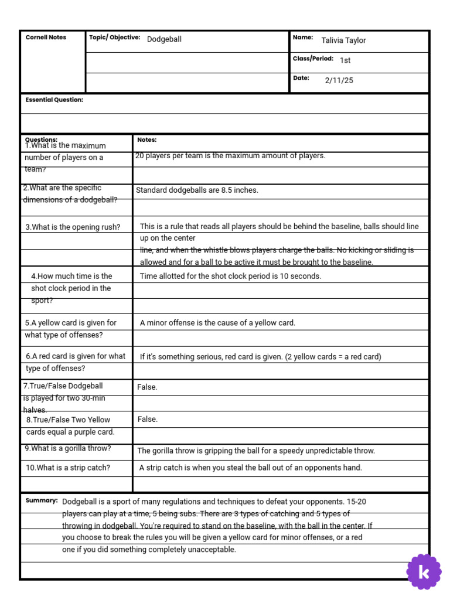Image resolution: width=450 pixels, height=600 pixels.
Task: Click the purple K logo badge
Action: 424,571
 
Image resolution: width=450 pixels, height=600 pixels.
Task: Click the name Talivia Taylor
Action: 343,40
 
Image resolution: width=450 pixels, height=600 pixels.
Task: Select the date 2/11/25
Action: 339,81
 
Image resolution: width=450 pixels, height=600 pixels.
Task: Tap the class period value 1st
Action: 345,60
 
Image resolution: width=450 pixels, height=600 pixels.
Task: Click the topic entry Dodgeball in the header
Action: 164,39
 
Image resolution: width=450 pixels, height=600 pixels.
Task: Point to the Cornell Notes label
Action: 46,37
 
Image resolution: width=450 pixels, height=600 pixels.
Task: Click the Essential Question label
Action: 54,100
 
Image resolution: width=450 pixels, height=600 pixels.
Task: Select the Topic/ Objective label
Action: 114,37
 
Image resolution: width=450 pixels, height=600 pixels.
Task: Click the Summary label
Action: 42,501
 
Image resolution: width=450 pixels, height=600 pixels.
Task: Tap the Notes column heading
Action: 146,140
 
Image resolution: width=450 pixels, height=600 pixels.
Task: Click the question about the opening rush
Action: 73,227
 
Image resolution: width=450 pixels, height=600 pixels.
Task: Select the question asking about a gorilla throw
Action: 68,449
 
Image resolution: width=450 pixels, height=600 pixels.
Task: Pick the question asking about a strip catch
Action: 68,468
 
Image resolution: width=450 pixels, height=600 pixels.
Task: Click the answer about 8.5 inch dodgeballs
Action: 197,190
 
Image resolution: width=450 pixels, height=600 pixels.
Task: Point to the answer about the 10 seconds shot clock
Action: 230,277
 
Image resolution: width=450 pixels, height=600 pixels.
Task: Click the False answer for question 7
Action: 147,387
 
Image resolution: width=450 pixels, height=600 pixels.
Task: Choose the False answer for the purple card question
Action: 147,420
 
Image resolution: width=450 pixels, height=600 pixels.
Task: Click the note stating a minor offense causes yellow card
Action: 217,323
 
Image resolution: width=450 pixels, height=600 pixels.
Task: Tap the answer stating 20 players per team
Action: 230,156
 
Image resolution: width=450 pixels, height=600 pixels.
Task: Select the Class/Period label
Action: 313,59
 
